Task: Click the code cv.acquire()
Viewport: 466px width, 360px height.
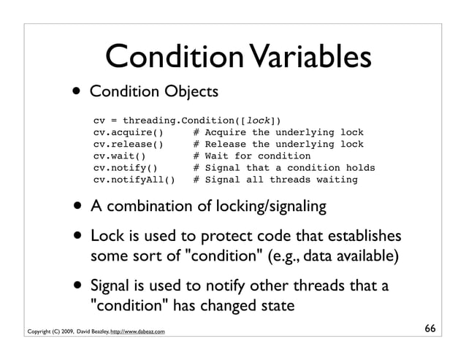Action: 127,132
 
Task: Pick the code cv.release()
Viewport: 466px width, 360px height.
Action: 127,144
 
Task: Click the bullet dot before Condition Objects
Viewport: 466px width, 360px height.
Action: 77,93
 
